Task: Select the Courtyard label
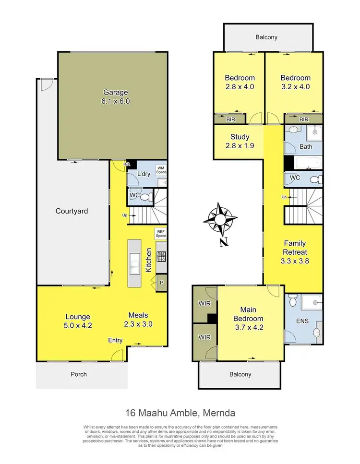tap(72, 211)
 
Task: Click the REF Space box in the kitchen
tap(160, 234)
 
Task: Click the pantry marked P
tap(161, 283)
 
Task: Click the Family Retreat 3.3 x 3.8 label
tap(294, 252)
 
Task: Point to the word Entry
tap(115, 340)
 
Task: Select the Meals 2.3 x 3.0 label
tap(138, 320)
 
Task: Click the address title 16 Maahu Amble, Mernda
tap(180, 413)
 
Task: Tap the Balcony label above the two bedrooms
tap(266, 37)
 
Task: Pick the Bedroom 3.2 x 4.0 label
tap(295, 82)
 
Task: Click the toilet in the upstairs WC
tap(314, 179)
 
